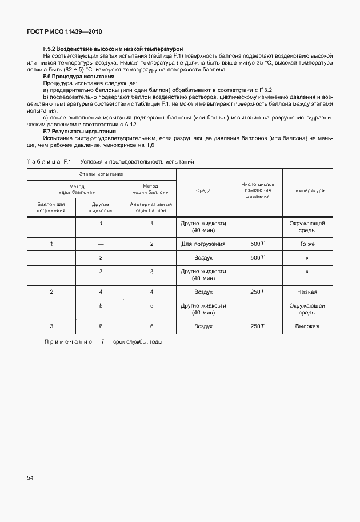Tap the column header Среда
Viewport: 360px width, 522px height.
[x=203, y=191]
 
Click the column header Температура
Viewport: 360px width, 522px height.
[x=307, y=191]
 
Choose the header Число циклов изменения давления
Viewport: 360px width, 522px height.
[x=258, y=191]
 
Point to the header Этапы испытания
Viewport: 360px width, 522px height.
[x=102, y=174]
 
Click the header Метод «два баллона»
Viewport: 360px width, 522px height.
[x=77, y=189]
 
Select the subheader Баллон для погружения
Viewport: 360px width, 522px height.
[x=51, y=207]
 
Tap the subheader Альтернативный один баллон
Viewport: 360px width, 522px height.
[x=151, y=207]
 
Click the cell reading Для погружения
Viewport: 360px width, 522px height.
[x=203, y=244]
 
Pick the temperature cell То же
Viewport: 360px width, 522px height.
[x=307, y=244]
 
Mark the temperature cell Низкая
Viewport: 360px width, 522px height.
[x=307, y=292]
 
